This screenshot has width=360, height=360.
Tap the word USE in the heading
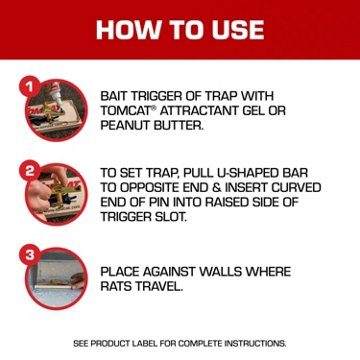[231, 29]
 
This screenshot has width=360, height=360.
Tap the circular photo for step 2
[53, 193]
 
